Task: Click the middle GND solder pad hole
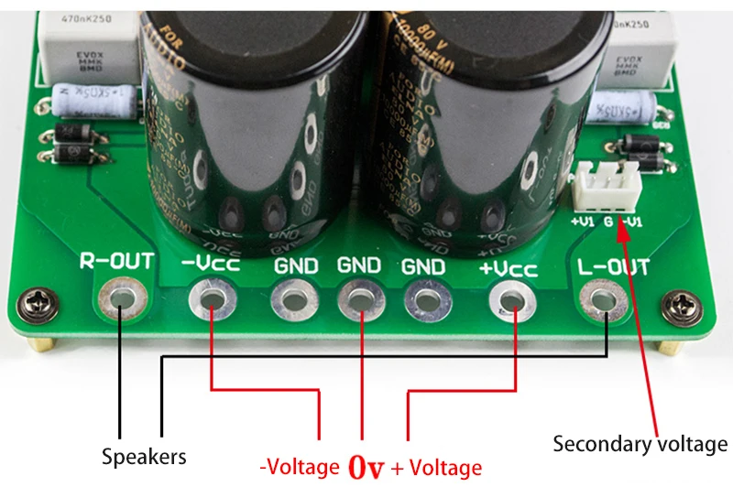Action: [x=358, y=299]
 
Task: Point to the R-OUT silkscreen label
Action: [x=116, y=262]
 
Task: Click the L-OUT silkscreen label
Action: [x=614, y=267]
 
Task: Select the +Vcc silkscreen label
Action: [x=508, y=268]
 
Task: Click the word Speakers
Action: [x=144, y=456]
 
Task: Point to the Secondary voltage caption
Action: [x=640, y=445]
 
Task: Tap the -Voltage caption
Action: [x=299, y=467]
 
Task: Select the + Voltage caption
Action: [x=436, y=468]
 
